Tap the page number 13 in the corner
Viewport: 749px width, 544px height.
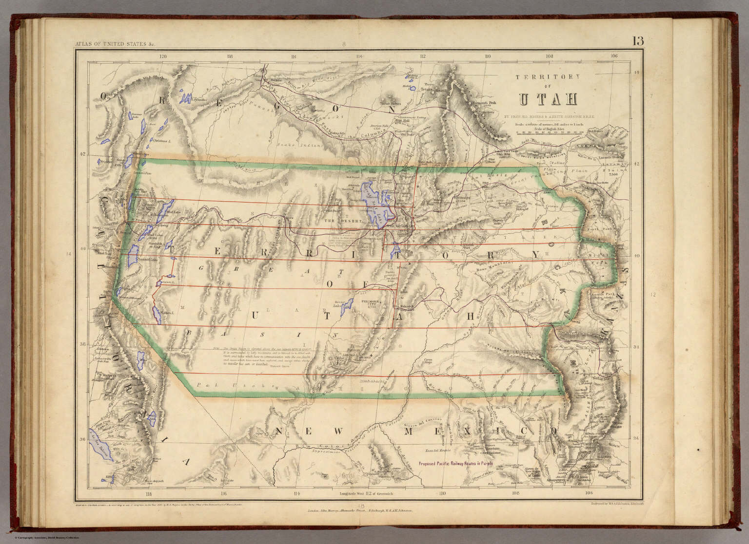[x=638, y=41]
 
